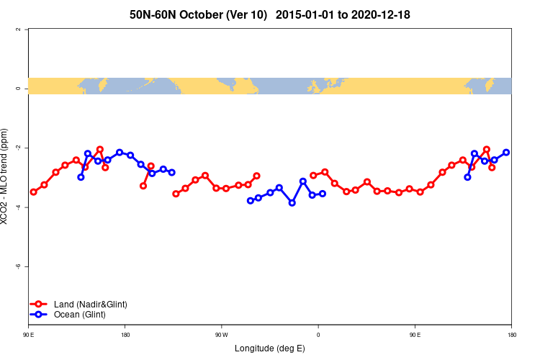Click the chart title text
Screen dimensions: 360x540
[x=270, y=14]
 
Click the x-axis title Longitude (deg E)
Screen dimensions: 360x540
[x=270, y=348]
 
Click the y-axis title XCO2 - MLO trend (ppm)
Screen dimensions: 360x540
[x=6, y=176]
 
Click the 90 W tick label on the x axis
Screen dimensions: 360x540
[x=221, y=335]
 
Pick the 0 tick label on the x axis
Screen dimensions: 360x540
[x=318, y=335]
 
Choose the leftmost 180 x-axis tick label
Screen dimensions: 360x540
[x=125, y=335]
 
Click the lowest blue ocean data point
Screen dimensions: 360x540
[x=292, y=203]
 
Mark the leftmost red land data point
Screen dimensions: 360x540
[x=34, y=192]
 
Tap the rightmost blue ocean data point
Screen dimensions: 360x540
[x=507, y=152]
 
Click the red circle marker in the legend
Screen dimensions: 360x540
[x=39, y=305]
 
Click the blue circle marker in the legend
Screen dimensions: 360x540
[x=39, y=315]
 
